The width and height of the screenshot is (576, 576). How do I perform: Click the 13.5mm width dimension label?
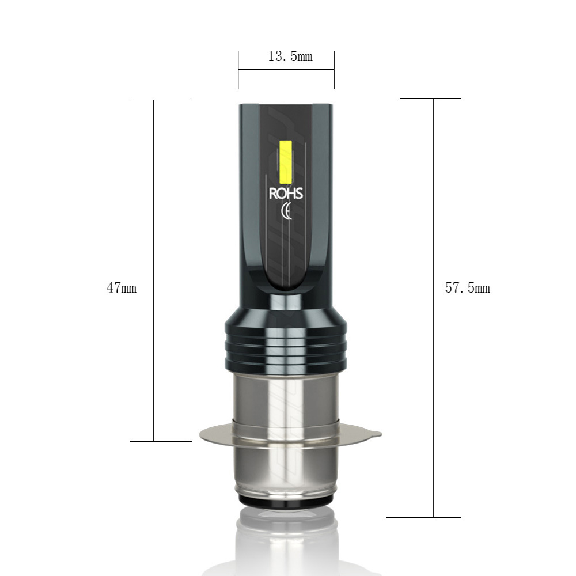tap(290, 56)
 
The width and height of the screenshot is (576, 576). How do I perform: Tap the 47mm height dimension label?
tap(122, 287)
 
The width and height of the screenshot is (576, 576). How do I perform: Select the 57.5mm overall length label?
tap(467, 287)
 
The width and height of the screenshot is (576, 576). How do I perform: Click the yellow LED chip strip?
tap(286, 162)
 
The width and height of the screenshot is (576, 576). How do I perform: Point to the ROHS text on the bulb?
tap(286, 193)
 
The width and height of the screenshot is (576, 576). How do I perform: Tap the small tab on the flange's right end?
tap(376, 434)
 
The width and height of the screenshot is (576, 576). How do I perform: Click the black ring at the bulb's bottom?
tap(286, 500)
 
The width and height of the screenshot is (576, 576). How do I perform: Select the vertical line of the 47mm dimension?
tap(154, 270)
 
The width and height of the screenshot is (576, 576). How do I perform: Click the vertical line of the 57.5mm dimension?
tap(434, 308)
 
